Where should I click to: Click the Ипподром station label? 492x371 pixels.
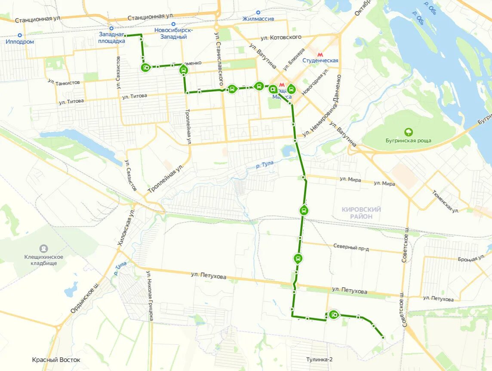[20, 42]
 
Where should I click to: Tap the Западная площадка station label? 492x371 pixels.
[112, 37]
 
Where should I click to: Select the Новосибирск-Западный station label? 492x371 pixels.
[173, 33]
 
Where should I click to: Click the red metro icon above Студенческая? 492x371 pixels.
[320, 55]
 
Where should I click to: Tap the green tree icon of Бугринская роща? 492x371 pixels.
[408, 132]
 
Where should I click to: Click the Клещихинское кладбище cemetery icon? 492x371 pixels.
[43, 248]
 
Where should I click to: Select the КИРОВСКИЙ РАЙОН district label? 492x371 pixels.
[361, 213]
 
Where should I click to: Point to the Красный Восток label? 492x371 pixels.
[56, 360]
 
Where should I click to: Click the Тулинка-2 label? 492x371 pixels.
[320, 359]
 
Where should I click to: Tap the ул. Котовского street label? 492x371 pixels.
[280, 37]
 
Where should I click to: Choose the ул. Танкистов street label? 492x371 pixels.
[64, 82]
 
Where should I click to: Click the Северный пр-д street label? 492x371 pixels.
[351, 247]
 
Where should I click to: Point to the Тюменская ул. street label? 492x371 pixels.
[446, 201]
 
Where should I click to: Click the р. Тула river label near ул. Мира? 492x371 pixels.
[264, 164]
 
